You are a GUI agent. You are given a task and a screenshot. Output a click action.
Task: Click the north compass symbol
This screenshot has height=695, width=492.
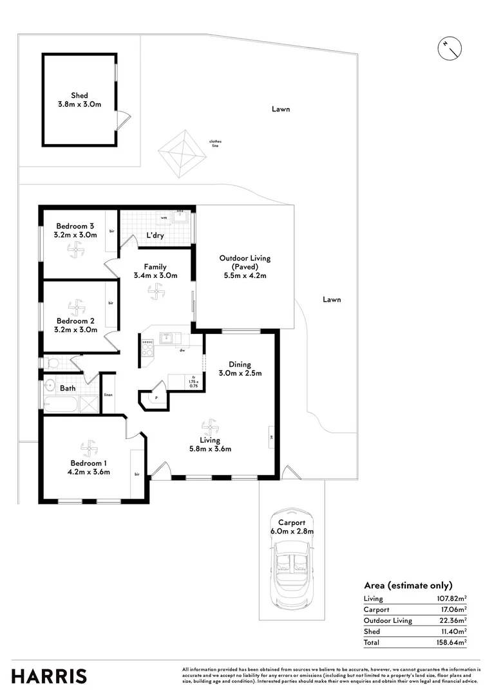click(449, 49)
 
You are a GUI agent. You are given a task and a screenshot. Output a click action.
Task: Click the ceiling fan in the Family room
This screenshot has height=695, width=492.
click(155, 292)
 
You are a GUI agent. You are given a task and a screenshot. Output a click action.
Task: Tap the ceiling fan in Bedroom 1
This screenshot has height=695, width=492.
click(90, 447)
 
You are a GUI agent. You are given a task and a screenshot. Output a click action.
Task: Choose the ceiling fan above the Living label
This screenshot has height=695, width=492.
click(209, 426)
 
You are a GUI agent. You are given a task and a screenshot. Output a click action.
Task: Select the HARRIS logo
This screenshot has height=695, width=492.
click(49, 676)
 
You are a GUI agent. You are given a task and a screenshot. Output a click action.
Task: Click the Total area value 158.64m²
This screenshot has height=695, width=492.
click(451, 642)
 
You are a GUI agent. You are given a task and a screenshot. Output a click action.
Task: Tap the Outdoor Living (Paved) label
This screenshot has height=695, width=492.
click(245, 266)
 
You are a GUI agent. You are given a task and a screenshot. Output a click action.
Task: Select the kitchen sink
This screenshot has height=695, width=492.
click(167, 337)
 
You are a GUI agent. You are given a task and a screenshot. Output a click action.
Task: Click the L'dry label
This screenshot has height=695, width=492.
click(155, 236)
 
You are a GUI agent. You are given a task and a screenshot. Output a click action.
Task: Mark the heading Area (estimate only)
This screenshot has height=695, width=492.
click(408, 585)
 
